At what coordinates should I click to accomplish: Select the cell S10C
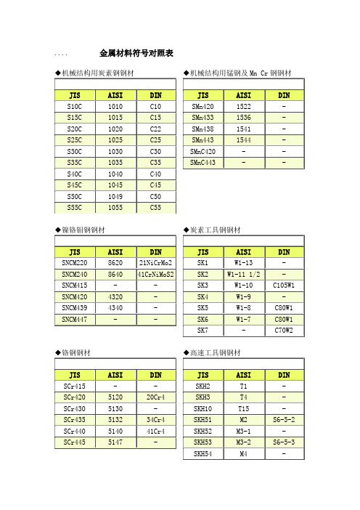pos(74,106)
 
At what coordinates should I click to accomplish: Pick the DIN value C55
pos(155,208)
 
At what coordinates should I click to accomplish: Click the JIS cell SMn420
pos(202,106)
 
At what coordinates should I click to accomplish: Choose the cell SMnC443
pos(202,162)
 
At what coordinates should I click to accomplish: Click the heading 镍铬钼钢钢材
pos(83,230)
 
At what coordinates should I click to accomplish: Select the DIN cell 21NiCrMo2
pos(155,262)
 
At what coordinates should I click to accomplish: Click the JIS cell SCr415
pos(74,386)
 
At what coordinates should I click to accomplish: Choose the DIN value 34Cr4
pos(155,419)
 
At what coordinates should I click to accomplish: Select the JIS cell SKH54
pos(202,453)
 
